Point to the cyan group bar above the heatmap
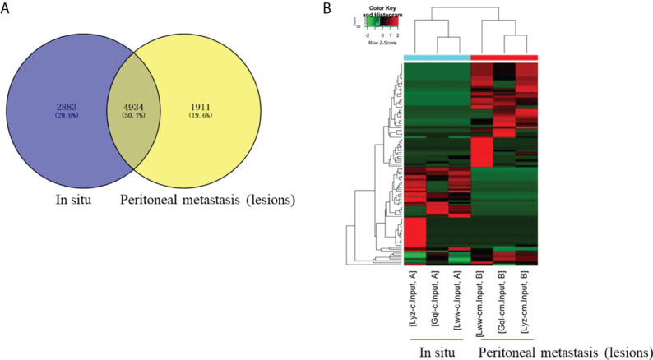click(x=438, y=57)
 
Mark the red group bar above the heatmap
click(x=505, y=57)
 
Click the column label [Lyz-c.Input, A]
click(x=414, y=305)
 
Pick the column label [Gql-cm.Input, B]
click(x=504, y=303)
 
